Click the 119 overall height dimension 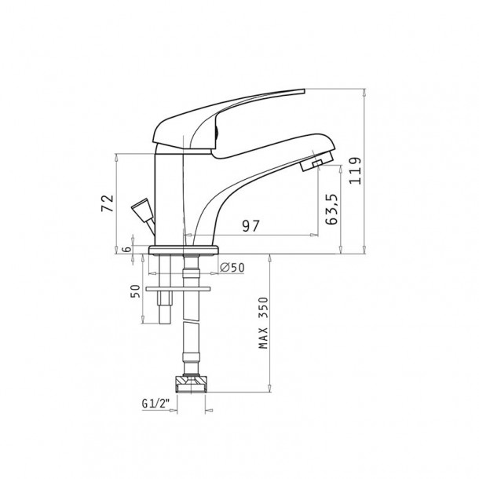(355, 170)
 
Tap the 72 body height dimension (108, 203)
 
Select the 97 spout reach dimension (250, 226)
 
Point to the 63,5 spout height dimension (331, 209)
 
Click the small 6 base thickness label (126, 249)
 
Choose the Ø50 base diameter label (232, 268)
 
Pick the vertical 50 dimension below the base (135, 291)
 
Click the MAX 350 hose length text (263, 323)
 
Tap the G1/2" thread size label (155, 404)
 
